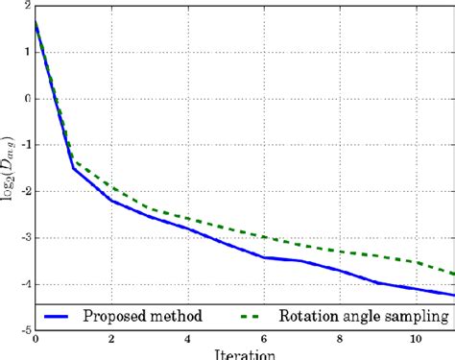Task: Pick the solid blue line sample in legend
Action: point(68,316)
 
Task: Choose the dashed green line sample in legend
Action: point(259,316)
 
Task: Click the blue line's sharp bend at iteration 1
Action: point(74,168)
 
